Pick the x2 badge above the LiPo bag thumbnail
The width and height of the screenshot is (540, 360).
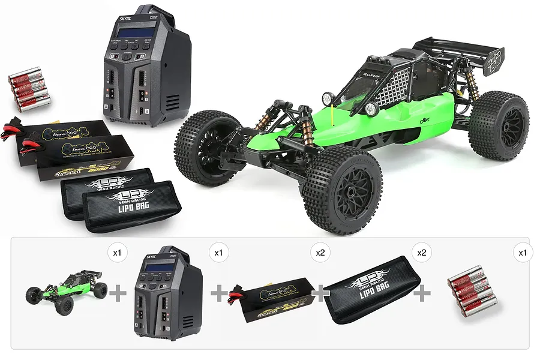coord(422,253)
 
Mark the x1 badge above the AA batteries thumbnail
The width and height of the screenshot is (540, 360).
coord(523,253)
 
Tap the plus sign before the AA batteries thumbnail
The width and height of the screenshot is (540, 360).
coord(424,293)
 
